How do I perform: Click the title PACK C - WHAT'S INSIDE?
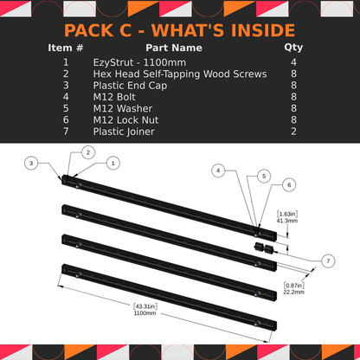[179, 31]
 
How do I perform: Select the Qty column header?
[293, 48]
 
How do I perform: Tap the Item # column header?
[66, 48]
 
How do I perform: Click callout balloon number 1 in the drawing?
[113, 162]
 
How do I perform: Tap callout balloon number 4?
[220, 171]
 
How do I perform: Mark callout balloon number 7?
[328, 260]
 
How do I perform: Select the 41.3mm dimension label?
[287, 221]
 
